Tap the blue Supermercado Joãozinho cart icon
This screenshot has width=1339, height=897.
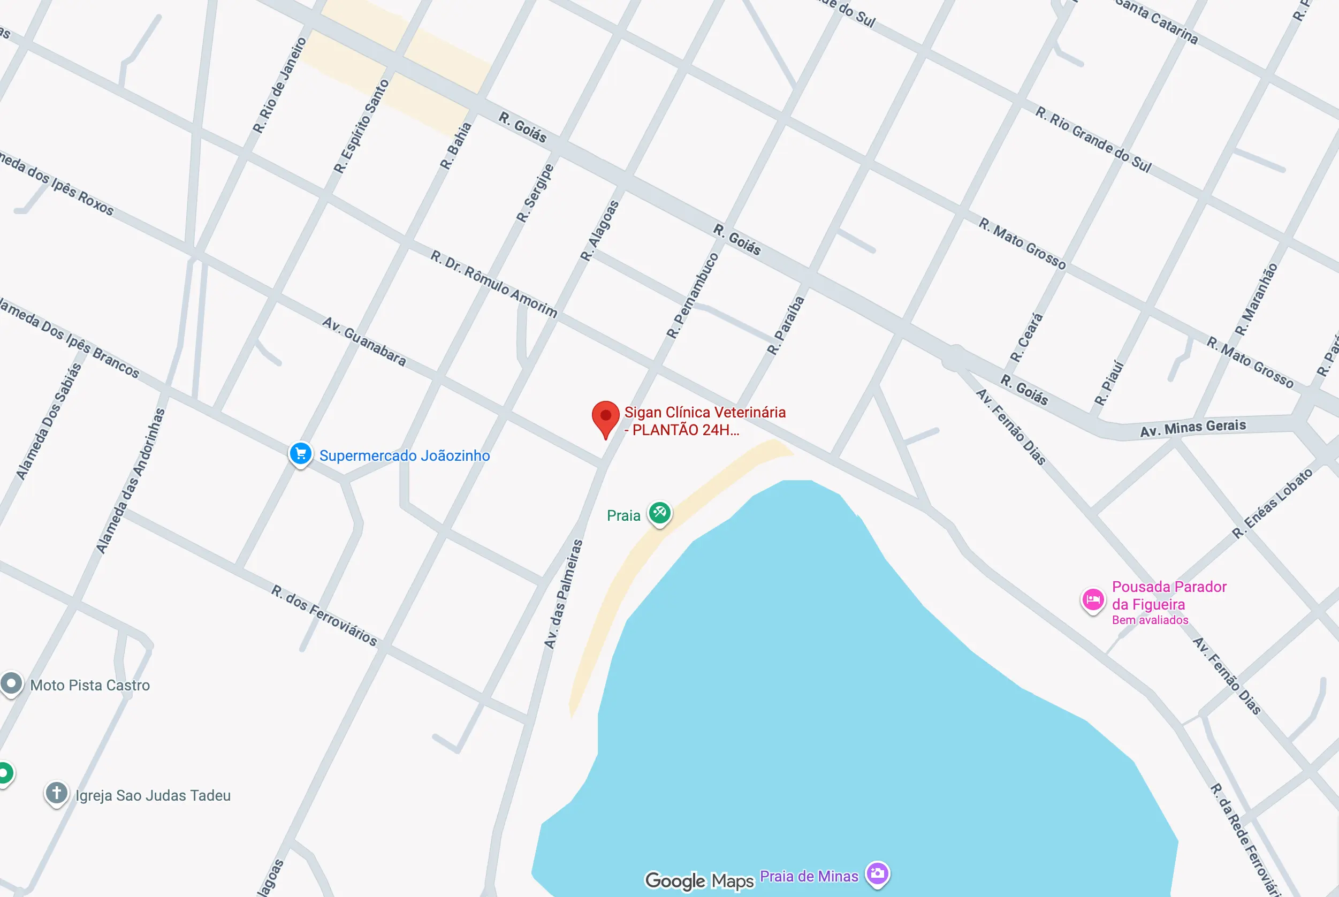coord(300,454)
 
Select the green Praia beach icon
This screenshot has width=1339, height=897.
coord(659,513)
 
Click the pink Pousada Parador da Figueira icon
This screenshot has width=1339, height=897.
coord(1092,600)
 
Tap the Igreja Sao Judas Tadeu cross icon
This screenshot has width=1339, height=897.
coord(57,794)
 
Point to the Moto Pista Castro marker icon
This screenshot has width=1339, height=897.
coord(11,683)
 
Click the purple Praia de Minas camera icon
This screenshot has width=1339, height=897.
coord(877,873)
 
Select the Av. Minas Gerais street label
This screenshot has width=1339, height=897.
coord(1192,428)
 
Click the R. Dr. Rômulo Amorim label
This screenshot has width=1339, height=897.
coord(493,283)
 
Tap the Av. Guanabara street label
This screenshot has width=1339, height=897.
coord(364,341)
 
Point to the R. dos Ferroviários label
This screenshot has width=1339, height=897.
coord(324,615)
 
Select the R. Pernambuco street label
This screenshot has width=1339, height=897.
coord(692,296)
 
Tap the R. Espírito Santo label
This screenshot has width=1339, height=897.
coord(361,126)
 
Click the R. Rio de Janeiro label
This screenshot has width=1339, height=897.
coord(280,85)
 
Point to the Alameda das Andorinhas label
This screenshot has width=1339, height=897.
coord(131,481)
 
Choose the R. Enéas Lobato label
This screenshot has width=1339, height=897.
coord(1273,504)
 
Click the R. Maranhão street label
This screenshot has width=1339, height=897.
coord(1256,299)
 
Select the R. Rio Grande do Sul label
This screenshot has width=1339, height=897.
coord(1093,139)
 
